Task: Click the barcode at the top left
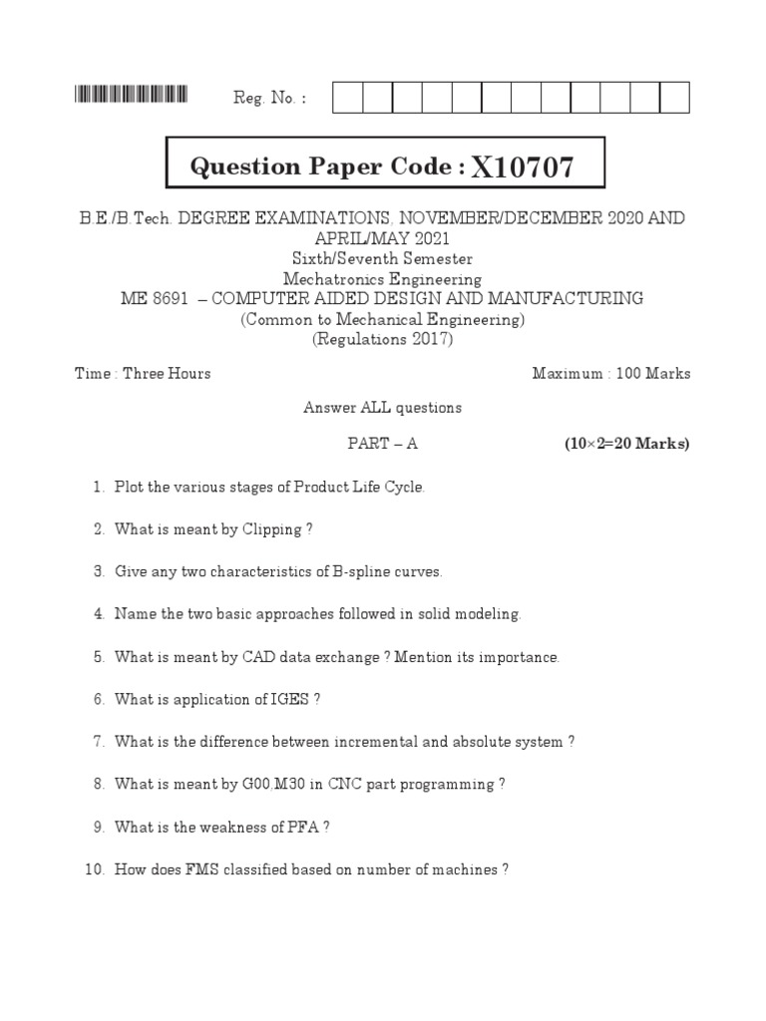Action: pos(131,96)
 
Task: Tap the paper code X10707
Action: pos(523,168)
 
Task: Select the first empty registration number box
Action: pos(347,98)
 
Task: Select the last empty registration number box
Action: pos(674,98)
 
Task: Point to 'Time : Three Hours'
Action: pos(143,374)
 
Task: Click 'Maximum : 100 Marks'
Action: pos(610,374)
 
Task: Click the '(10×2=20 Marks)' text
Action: pos(626,444)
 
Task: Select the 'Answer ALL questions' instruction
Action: pos(382,408)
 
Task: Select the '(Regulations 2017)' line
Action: pos(382,339)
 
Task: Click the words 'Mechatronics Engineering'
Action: pos(382,279)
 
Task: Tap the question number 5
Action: pos(100,657)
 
